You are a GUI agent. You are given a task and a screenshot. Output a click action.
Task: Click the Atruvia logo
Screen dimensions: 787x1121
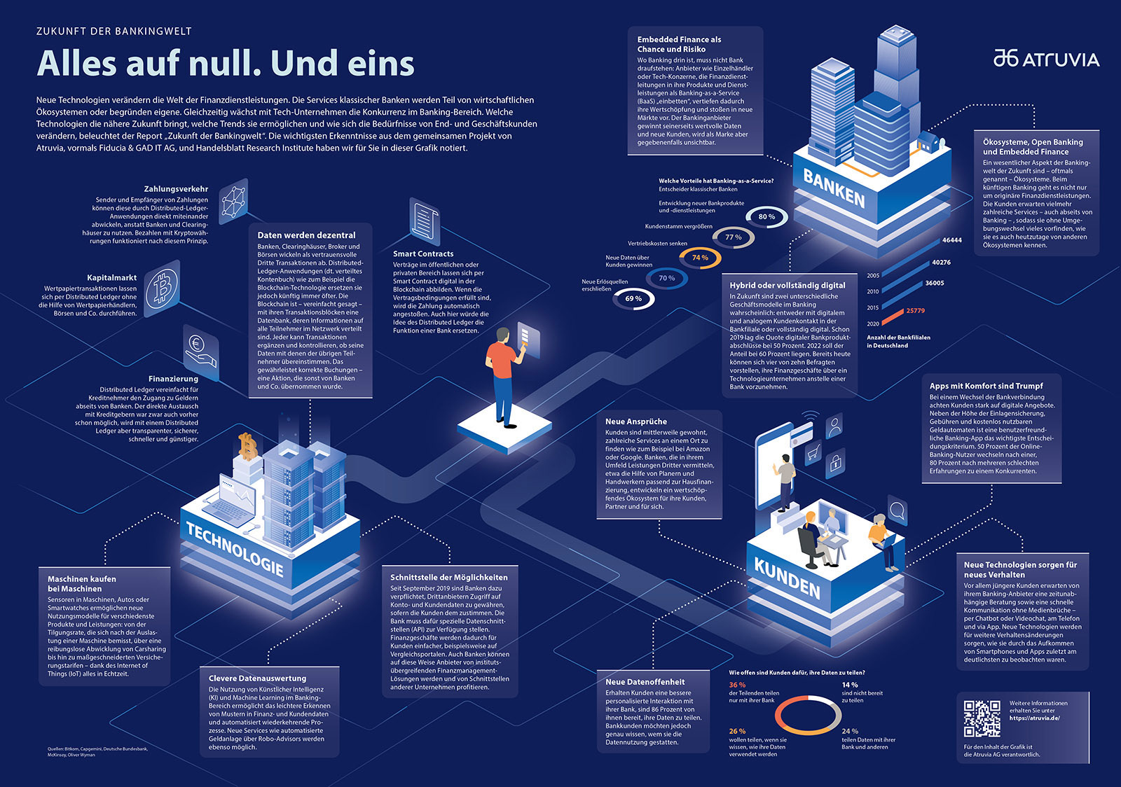tap(1046, 59)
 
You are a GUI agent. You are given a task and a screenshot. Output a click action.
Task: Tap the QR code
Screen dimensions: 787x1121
tap(982, 718)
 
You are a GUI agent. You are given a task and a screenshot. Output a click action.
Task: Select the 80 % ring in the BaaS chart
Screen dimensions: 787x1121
tap(766, 217)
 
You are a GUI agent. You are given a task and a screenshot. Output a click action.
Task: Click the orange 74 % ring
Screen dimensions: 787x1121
tap(700, 258)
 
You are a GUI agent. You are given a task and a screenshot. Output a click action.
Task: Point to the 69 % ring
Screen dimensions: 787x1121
tap(633, 299)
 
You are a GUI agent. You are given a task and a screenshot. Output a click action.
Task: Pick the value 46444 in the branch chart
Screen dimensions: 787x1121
tap(951, 240)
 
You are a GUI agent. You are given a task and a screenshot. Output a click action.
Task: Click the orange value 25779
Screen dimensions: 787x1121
tap(915, 311)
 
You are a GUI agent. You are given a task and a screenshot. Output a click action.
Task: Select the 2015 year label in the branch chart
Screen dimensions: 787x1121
tap(873, 307)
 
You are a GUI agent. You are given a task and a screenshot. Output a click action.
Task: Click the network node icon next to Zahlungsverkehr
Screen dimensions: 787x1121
tap(233, 201)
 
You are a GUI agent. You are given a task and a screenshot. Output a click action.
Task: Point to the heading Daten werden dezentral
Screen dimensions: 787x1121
tap(306, 235)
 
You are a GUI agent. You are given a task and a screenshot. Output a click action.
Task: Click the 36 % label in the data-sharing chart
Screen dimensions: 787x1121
tap(737, 685)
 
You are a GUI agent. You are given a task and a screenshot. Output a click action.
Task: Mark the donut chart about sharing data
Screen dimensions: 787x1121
tap(808, 715)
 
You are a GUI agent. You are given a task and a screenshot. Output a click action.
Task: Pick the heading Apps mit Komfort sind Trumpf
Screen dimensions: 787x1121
tap(986, 386)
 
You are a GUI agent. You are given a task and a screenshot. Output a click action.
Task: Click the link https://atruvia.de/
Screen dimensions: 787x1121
tap(1034, 718)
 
